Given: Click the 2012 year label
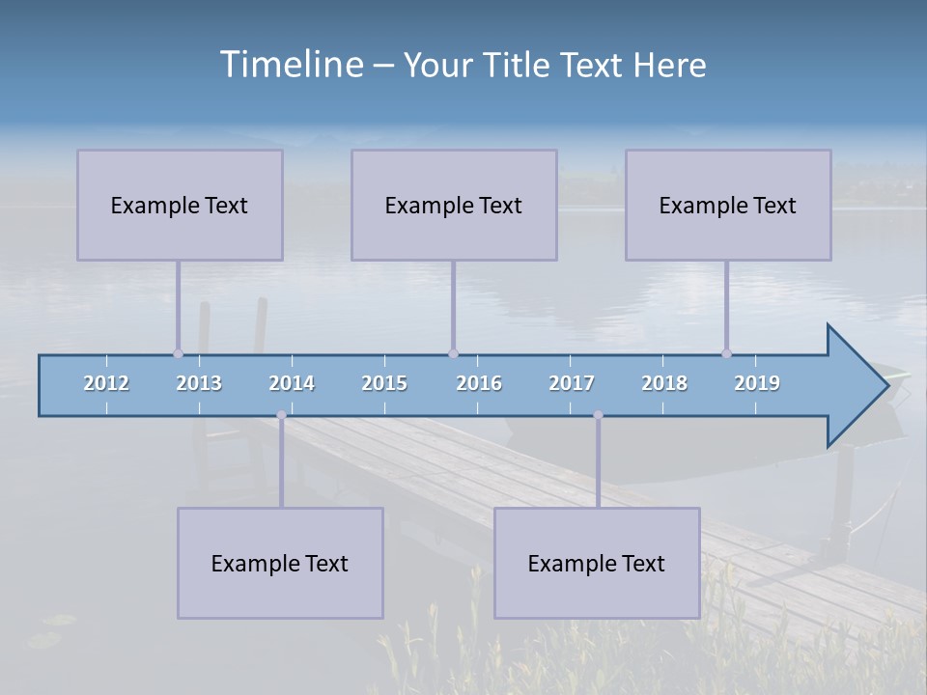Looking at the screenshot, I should (106, 383).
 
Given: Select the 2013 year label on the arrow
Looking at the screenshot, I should (199, 383).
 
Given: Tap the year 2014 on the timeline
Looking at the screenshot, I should (292, 383).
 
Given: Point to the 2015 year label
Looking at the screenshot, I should (384, 383).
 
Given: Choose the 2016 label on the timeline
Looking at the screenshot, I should (479, 383).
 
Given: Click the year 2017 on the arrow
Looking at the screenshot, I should (572, 383).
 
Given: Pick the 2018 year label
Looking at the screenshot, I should (664, 383).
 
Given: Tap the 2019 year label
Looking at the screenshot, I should (757, 383).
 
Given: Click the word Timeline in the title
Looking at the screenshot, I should (290, 65).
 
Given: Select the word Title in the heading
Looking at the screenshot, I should (518, 65).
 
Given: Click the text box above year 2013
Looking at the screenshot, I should (180, 205).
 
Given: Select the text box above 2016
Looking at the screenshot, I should (454, 205).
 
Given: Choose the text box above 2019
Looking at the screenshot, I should (728, 205).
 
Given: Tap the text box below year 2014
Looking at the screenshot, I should (280, 563).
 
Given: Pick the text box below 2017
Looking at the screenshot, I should (597, 563).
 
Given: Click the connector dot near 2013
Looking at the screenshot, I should (178, 353).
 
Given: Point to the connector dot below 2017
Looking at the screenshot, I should (598, 415).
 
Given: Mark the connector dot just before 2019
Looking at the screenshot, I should (726, 353).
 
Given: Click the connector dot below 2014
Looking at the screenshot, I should (281, 415).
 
